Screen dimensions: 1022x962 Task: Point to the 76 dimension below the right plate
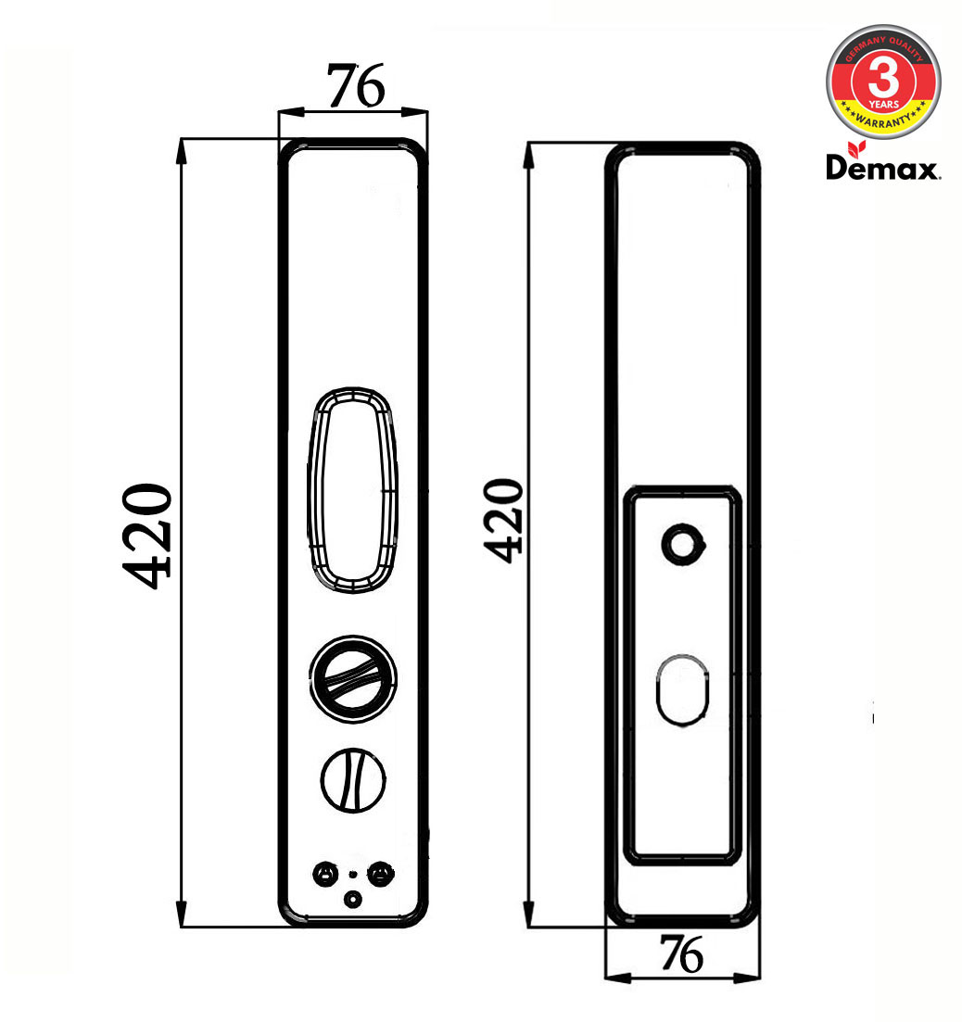point(681,953)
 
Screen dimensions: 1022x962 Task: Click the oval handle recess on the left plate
point(353,489)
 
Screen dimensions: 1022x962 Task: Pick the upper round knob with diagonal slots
point(353,680)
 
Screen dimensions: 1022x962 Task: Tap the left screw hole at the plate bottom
point(324,873)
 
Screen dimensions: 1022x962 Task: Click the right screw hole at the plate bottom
point(380,873)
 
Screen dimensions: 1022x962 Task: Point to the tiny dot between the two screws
point(352,874)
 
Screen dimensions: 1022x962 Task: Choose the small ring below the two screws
point(352,898)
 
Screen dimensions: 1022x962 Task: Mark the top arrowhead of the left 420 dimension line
point(183,146)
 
